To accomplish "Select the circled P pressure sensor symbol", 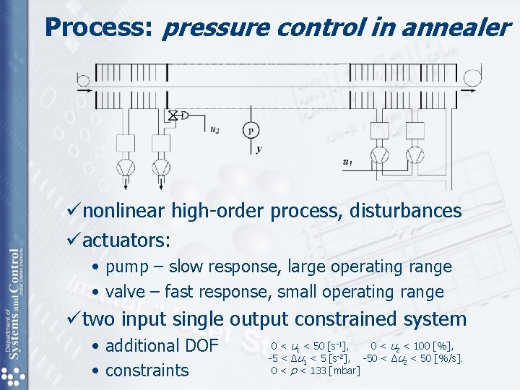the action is point(251,130).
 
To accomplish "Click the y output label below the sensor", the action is point(259,149).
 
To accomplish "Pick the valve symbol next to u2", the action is point(173,115).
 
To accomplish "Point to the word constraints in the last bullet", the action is point(147,370).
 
